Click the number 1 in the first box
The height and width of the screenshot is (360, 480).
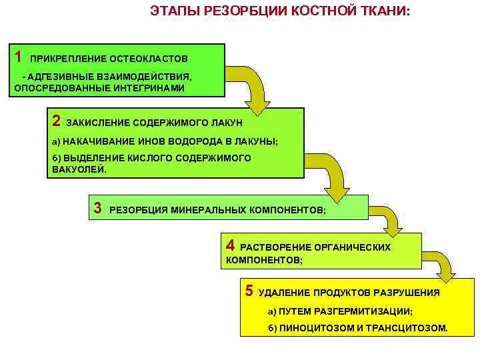pyautogui.click(x=19, y=55)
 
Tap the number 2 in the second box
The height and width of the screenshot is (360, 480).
pyautogui.click(x=56, y=121)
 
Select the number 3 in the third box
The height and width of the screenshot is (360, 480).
pyautogui.click(x=97, y=208)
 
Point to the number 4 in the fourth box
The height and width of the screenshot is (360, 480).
pyautogui.click(x=231, y=245)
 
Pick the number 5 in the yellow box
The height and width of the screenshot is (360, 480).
pyautogui.click(x=249, y=291)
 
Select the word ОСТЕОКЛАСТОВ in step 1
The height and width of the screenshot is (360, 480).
pyautogui.click(x=151, y=58)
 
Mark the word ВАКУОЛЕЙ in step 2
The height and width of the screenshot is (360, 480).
pyautogui.click(x=78, y=169)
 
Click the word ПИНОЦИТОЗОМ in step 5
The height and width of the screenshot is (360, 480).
pyautogui.click(x=313, y=329)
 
